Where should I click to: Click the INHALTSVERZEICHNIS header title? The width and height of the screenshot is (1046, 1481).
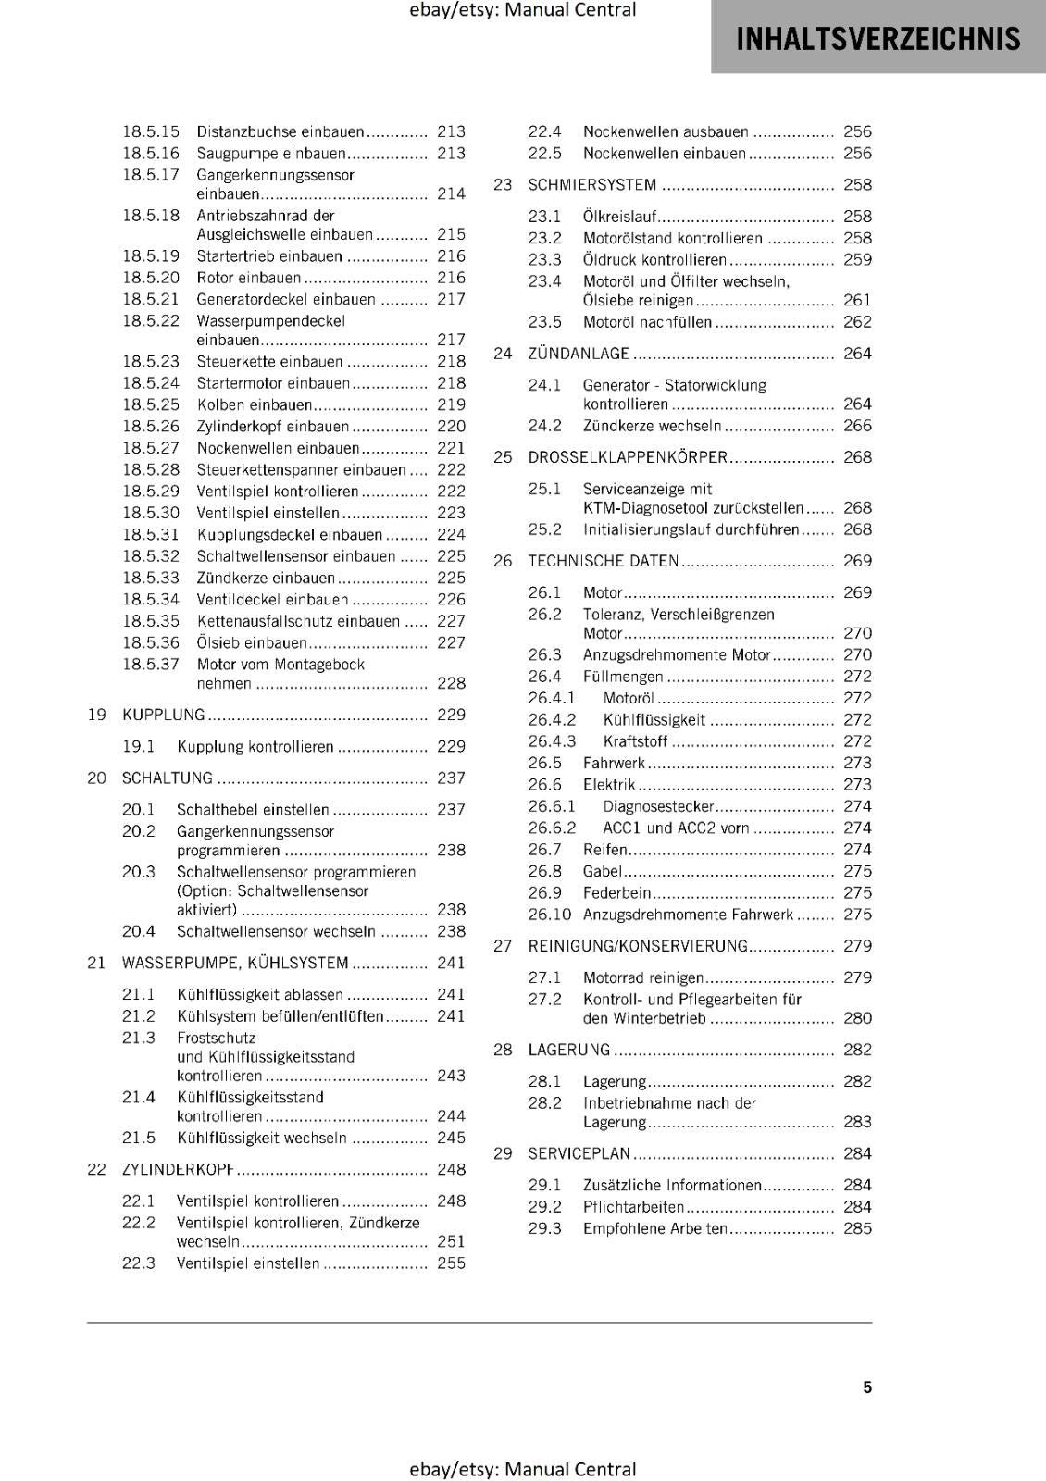click(878, 39)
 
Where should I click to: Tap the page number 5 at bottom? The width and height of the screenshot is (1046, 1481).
click(867, 1387)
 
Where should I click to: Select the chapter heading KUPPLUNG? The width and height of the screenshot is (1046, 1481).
click(164, 715)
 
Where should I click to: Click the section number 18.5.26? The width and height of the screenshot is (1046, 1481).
click(151, 426)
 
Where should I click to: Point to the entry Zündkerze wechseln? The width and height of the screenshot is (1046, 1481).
click(652, 426)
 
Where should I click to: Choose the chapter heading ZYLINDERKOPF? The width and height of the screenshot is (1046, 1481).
click(179, 1169)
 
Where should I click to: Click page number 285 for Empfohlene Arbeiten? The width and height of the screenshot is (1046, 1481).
click(857, 1228)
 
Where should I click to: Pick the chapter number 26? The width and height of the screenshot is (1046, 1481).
click(503, 561)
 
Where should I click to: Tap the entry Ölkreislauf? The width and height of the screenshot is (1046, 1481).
click(619, 216)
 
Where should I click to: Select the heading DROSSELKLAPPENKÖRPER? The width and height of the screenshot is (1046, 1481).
click(628, 457)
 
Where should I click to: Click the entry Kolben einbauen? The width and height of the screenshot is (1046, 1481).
click(255, 404)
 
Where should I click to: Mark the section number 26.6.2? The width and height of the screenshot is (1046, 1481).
click(552, 828)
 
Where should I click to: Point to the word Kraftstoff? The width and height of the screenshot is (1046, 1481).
click(635, 741)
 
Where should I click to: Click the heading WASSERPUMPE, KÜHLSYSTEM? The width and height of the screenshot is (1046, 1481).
click(235, 963)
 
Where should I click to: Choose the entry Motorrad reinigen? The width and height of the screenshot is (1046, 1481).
click(643, 977)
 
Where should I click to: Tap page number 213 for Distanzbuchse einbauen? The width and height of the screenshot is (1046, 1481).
click(451, 131)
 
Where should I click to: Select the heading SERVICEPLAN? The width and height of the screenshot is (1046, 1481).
click(579, 1153)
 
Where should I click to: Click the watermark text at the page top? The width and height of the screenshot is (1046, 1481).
click(522, 10)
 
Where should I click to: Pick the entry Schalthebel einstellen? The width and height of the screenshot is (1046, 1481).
click(253, 810)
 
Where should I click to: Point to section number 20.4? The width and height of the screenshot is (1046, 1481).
click(139, 931)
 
